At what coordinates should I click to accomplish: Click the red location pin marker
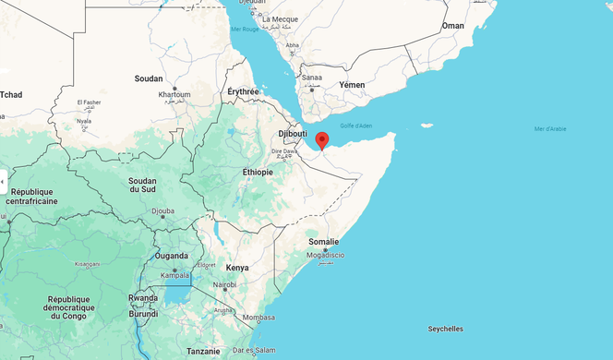click(321, 140)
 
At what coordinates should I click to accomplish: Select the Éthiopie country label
click(258, 172)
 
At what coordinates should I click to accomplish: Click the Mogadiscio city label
click(326, 254)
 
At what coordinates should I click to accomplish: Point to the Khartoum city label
click(174, 94)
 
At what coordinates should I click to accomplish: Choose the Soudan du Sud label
click(141, 184)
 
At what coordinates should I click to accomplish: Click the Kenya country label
click(237, 268)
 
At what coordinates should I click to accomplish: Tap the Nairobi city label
click(225, 285)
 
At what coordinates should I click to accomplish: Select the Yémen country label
click(352, 85)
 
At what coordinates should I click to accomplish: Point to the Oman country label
click(453, 26)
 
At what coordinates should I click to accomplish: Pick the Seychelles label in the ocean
click(446, 329)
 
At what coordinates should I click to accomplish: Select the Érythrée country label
click(245, 91)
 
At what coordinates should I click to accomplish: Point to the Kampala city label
click(175, 275)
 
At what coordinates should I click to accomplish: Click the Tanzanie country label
click(203, 351)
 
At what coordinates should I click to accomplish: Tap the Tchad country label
click(11, 95)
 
